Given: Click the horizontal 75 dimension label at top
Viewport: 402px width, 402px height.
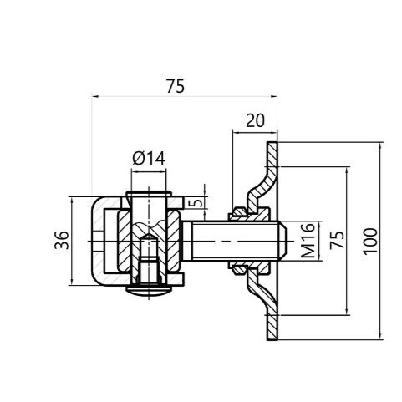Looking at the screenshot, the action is [176, 86].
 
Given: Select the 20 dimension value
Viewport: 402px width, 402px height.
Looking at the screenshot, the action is [255, 121].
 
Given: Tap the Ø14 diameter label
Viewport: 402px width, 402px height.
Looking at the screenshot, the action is [149, 158].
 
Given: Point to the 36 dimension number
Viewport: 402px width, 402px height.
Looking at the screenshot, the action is [62, 240].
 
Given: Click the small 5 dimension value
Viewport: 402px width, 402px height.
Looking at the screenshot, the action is [197, 202].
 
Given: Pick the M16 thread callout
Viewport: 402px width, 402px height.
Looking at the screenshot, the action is [308, 240].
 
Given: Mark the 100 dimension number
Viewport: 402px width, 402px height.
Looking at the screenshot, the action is [370, 241].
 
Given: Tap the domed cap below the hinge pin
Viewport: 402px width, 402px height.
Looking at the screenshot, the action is [149, 291].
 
